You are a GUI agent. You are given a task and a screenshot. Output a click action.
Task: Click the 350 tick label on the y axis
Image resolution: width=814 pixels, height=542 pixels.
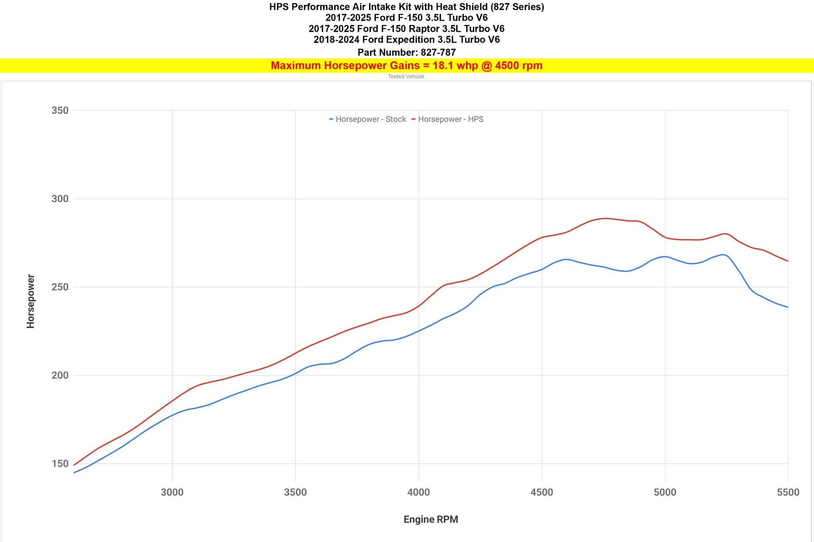(60, 110)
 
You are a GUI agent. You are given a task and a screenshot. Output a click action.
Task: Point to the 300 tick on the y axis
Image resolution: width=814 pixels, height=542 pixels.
(60, 199)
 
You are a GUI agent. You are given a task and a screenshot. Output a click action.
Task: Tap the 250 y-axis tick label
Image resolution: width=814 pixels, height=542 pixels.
(60, 287)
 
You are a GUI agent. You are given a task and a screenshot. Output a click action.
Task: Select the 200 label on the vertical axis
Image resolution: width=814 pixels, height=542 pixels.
(60, 376)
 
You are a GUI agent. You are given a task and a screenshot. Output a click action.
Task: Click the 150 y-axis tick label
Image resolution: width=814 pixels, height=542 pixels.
(60, 464)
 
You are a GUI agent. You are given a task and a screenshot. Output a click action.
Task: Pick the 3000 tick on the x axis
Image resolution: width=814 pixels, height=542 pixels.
(172, 492)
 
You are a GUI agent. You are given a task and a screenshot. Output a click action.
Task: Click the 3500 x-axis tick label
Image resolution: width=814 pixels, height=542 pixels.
(295, 492)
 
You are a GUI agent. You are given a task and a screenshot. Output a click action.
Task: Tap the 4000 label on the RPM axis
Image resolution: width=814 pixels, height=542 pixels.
(419, 492)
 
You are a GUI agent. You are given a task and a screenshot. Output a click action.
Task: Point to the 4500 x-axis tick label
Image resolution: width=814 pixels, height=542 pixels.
(542, 492)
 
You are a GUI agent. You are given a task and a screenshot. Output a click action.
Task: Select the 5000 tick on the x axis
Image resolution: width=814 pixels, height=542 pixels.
(665, 492)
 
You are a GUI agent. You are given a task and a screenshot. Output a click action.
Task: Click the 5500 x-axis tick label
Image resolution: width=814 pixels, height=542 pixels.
(788, 492)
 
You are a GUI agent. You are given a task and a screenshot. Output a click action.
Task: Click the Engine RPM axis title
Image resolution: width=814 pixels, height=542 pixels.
(431, 519)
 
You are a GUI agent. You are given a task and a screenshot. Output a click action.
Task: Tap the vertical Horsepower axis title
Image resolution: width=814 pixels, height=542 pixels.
(31, 301)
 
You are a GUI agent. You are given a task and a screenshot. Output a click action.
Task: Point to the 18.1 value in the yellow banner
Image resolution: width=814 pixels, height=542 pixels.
(441, 66)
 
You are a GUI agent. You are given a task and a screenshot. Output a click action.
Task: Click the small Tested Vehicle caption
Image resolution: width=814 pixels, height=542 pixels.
(406, 77)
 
